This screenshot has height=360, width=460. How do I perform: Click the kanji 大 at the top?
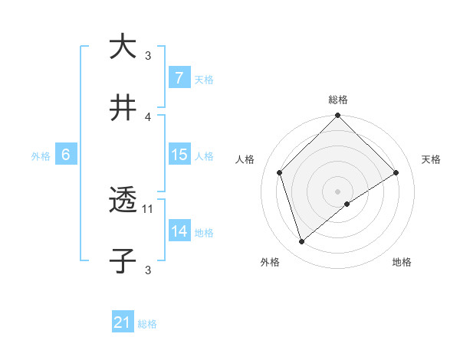pyautogui.click(x=123, y=47)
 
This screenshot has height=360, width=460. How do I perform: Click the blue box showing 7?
pyautogui.click(x=179, y=78)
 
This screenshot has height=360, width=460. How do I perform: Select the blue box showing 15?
pyautogui.click(x=179, y=155)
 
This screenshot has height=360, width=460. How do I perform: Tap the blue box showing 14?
pyautogui.click(x=179, y=231)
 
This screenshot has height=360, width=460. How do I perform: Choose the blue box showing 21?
pyautogui.click(x=123, y=323)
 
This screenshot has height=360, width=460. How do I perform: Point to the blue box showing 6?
pyautogui.click(x=66, y=155)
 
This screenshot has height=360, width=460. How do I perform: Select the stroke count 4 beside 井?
pyautogui.click(x=148, y=116)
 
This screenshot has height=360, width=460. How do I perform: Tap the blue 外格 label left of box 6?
pyautogui.click(x=41, y=156)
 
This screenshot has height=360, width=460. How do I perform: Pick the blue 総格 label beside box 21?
pyautogui.click(x=147, y=325)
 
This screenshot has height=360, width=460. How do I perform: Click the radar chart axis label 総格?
pyautogui.click(x=338, y=100)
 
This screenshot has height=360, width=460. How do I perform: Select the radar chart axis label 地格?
pyautogui.click(x=402, y=262)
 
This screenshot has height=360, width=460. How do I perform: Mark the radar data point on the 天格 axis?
pyautogui.click(x=396, y=172)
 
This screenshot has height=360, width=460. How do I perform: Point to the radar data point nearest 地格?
pyautogui.click(x=347, y=204)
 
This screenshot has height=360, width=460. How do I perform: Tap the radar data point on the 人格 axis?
pyautogui.click(x=280, y=172)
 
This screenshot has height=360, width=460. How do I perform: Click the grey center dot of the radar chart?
pyautogui.click(x=338, y=191)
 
